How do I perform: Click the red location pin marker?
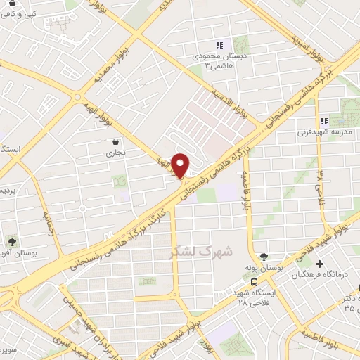tap(181, 165)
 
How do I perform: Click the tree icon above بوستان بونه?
tap(264, 257)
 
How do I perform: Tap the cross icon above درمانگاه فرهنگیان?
tap(320, 263)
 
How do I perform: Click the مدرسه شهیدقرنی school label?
tap(323, 131)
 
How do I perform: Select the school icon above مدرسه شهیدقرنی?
tap(323, 120)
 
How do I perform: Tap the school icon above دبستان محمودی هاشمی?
tap(219, 45)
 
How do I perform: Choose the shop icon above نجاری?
tap(115, 141)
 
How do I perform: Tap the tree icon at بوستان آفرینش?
tap(12, 240)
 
